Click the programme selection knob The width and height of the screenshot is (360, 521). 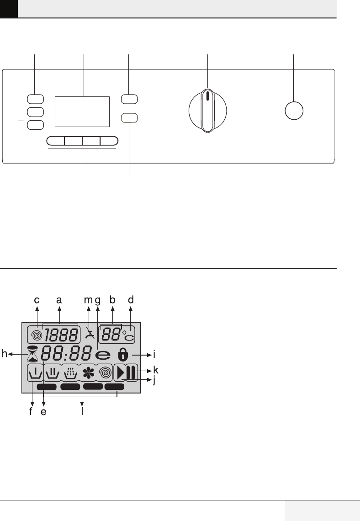208,111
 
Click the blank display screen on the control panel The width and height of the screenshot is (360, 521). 82,112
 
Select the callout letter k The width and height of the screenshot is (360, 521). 155,369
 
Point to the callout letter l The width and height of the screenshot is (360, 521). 82,412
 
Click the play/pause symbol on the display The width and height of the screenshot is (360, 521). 125,373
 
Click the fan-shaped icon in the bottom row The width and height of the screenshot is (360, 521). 88,373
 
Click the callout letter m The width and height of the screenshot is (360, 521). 88,300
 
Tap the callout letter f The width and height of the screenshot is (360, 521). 31,411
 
